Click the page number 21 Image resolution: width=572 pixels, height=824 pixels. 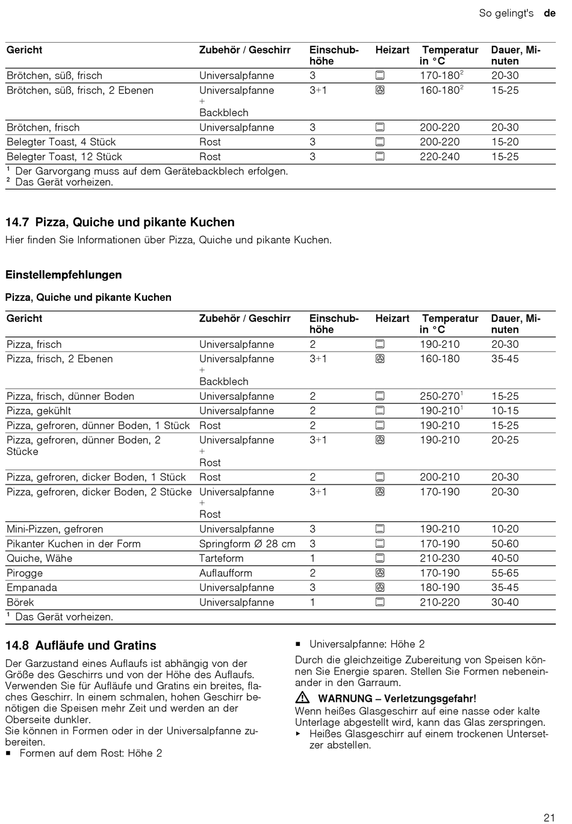coord(549,817)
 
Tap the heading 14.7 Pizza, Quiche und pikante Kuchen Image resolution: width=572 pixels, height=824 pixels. coord(120,222)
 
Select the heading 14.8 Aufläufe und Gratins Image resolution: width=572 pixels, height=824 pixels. coord(81,645)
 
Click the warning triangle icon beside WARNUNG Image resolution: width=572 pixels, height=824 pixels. coord(302,698)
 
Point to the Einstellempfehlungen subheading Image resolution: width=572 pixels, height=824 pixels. coord(63,274)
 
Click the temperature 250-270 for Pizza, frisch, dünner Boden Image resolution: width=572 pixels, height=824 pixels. coord(440,396)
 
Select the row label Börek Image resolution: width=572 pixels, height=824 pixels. coord(20,602)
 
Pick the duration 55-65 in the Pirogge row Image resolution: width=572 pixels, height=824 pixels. coord(505,573)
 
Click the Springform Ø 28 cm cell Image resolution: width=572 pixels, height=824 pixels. coord(247,544)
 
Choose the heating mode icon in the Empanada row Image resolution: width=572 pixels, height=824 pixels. coord(380,587)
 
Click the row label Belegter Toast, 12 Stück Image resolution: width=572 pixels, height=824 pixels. coord(64,156)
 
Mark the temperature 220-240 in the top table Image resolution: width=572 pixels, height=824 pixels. coord(440,156)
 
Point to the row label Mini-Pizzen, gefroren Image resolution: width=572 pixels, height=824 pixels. coord(55,529)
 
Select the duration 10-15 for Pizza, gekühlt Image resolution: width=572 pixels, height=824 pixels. coord(505,410)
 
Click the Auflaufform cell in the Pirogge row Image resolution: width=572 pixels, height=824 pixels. coord(226,573)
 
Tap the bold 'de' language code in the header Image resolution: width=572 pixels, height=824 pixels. coord(549,13)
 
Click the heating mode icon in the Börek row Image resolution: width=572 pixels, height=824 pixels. coord(380,602)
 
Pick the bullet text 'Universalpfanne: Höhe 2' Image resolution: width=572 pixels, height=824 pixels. coord(367,643)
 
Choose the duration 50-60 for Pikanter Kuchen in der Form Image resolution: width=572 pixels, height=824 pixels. coord(505,544)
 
